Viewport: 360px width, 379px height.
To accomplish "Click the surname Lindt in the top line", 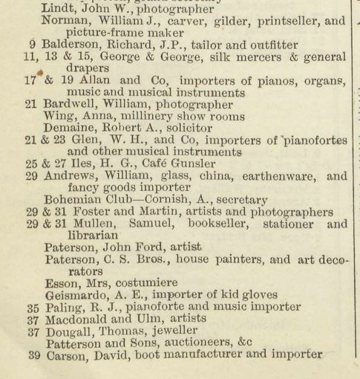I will click(x=58, y=8).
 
